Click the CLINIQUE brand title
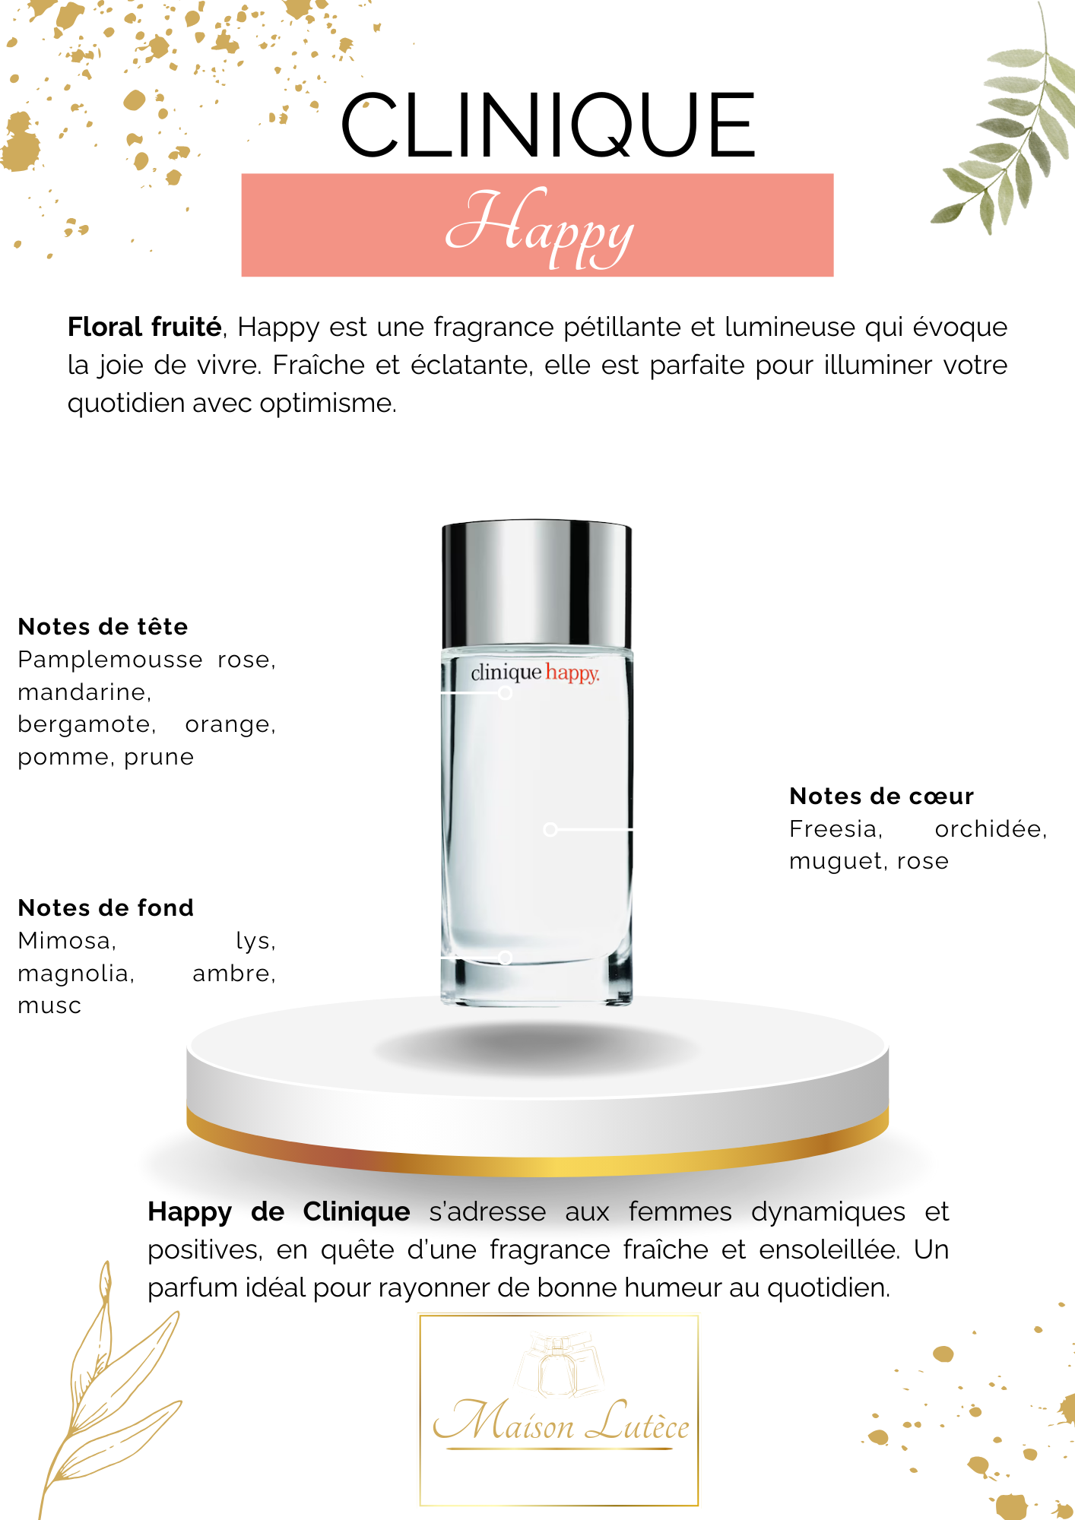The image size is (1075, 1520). (547, 125)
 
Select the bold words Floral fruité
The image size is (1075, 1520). (144, 328)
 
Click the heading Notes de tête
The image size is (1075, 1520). (103, 627)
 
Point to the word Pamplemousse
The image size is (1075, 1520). (110, 660)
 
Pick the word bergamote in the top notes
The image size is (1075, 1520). (87, 725)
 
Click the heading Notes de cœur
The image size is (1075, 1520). (881, 796)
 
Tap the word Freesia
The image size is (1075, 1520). (836, 829)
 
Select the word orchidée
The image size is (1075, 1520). (991, 829)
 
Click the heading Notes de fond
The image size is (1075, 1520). (106, 908)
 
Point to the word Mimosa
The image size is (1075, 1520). (67, 941)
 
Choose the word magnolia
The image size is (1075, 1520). (76, 974)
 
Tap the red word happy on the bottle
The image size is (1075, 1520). (572, 673)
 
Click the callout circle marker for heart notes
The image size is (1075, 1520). (550, 829)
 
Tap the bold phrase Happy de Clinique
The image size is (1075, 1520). (279, 1212)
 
